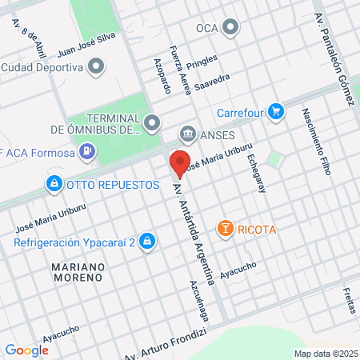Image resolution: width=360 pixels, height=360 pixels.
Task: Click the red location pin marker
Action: [x=180, y=163]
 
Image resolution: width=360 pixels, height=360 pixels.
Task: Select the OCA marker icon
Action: [x=231, y=29]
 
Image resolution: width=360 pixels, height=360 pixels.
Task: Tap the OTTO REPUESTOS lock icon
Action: [x=54, y=184]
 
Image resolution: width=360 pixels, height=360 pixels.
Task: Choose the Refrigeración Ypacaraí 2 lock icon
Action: [x=146, y=241]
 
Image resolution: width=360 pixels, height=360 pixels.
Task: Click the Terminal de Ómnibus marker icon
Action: [x=153, y=122]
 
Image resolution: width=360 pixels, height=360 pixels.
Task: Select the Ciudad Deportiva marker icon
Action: [x=97, y=67]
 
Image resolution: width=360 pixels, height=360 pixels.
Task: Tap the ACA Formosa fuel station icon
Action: [x=88, y=150]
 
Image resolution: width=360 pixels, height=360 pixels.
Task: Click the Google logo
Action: [x=26, y=350]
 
